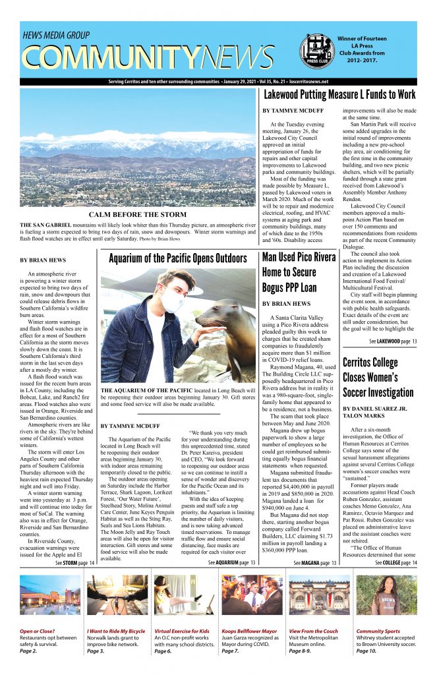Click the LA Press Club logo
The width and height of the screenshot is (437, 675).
point(315,50)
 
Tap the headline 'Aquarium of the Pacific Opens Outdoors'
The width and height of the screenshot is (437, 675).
point(177,258)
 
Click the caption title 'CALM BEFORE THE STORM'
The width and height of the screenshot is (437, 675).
point(138,214)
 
